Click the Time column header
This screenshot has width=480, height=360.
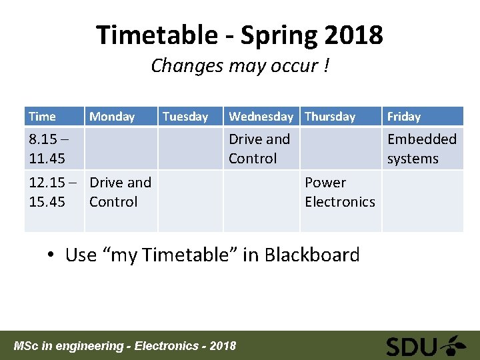click(x=42, y=117)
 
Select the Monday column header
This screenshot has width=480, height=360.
click(x=112, y=117)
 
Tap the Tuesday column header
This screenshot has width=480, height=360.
click(x=185, y=117)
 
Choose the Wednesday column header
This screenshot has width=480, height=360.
click(x=261, y=117)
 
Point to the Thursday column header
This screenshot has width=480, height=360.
click(x=330, y=117)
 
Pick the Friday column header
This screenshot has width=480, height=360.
click(x=404, y=117)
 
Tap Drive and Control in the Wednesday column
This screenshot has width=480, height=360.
click(x=259, y=149)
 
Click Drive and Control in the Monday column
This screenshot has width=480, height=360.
click(x=120, y=192)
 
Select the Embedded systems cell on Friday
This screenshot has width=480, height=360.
click(x=421, y=149)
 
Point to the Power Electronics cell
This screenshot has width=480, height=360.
click(x=339, y=192)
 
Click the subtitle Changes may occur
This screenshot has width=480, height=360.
click(x=239, y=66)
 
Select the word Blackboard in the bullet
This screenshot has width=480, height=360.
click(x=312, y=255)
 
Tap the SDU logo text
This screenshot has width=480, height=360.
click(x=411, y=346)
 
